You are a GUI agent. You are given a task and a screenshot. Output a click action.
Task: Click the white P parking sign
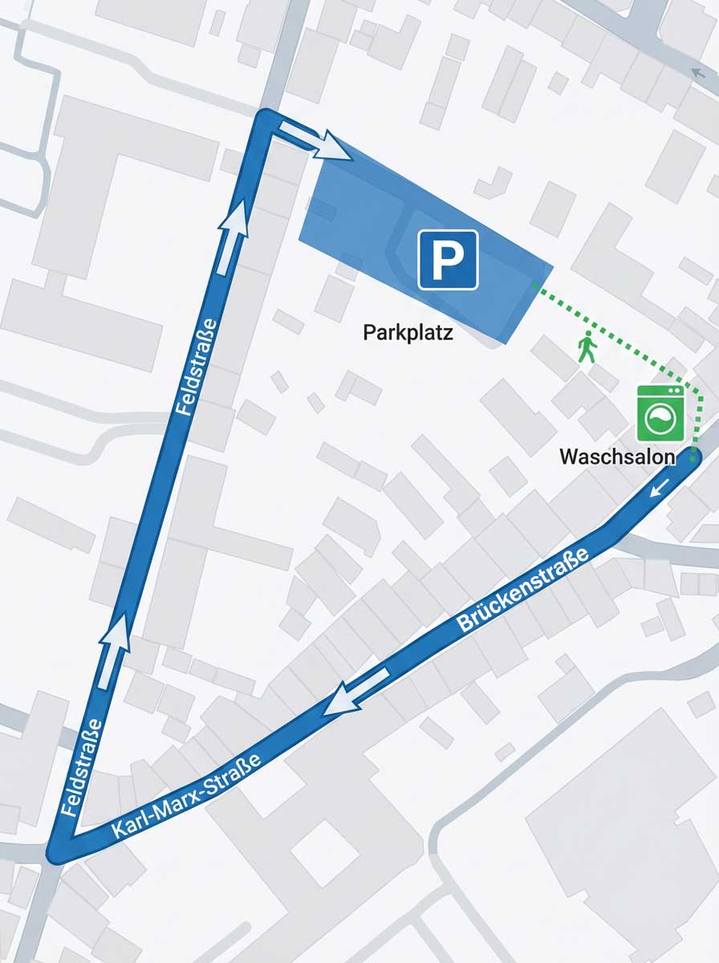(447, 259)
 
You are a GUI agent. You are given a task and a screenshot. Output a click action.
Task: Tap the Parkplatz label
(408, 332)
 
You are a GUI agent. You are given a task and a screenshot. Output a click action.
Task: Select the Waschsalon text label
(616, 457)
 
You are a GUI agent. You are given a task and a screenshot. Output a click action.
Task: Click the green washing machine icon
(660, 413)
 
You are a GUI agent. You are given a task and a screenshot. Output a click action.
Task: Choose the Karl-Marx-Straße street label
(187, 795)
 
